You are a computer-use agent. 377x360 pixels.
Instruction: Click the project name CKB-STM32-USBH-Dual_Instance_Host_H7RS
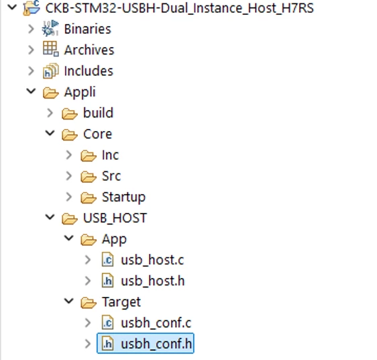(179, 9)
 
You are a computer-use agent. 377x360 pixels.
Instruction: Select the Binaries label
(87, 29)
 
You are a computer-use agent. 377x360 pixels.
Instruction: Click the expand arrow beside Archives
(31, 50)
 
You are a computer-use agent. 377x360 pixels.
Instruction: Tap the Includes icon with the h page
(50, 71)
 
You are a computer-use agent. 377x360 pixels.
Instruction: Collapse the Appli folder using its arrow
(31, 91)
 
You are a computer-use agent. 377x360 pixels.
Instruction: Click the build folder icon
(70, 114)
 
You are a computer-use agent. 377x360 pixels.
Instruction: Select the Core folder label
(97, 134)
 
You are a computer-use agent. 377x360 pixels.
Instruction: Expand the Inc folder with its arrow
(69, 155)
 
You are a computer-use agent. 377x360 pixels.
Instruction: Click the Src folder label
(111, 176)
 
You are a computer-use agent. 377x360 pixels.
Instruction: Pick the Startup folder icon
(89, 197)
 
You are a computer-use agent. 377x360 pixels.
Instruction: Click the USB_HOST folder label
(115, 218)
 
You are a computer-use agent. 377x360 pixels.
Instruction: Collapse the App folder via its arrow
(69, 238)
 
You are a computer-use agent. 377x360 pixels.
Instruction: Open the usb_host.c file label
(152, 260)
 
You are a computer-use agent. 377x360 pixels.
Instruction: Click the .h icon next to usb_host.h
(107, 281)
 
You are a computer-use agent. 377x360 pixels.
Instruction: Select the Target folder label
(121, 302)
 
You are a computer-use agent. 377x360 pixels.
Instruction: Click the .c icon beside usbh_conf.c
(107, 322)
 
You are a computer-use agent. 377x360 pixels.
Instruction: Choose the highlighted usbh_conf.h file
(146, 343)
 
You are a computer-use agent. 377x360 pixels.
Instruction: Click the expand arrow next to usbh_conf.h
(88, 344)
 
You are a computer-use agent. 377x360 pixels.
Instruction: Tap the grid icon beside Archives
(50, 49)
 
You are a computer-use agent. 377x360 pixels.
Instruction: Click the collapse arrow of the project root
(12, 7)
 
